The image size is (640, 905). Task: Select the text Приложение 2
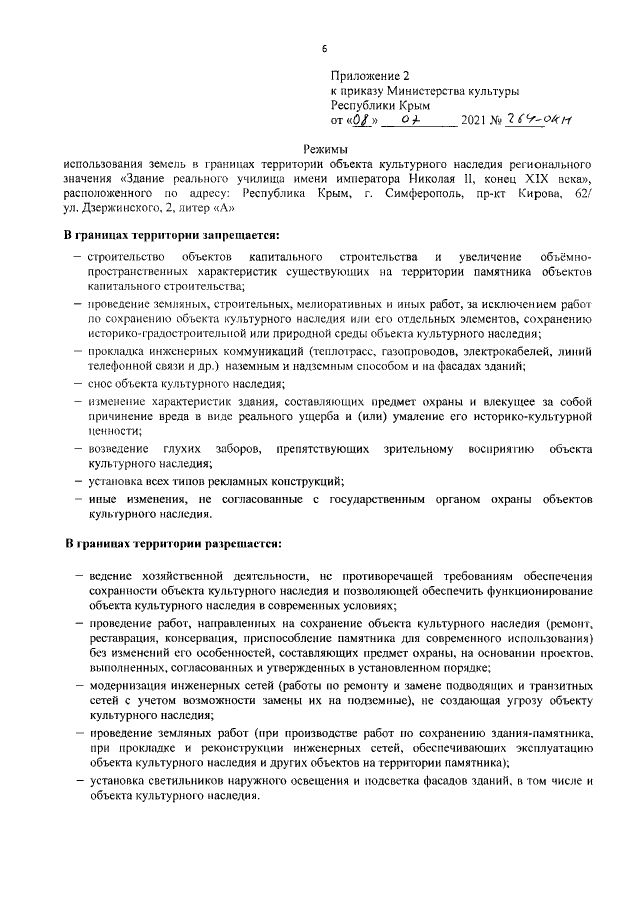(x=370, y=75)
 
